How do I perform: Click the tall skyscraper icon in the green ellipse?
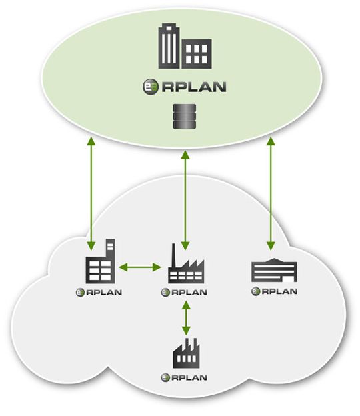pyautogui.click(x=169, y=45)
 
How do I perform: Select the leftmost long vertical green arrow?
pyautogui.click(x=90, y=189)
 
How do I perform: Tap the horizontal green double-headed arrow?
pyautogui.click(x=139, y=268)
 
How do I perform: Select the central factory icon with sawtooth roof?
pyautogui.click(x=185, y=265)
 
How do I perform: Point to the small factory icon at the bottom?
pyautogui.click(x=185, y=353)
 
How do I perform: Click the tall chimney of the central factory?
pyautogui.click(x=175, y=254)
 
